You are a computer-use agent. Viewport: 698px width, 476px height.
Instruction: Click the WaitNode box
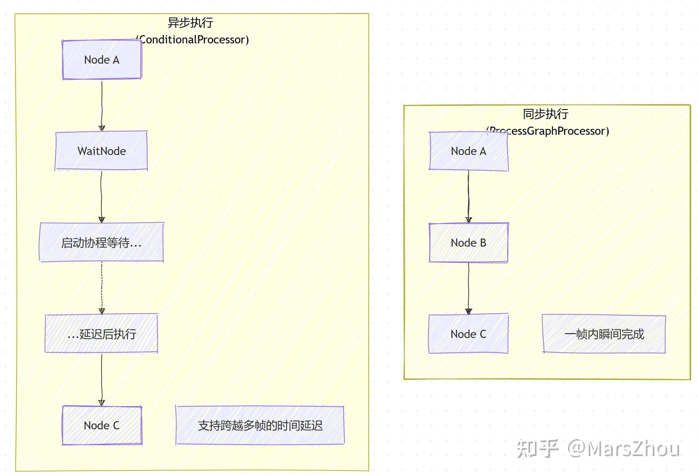point(101,151)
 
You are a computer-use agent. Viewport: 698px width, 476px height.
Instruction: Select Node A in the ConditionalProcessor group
point(102,60)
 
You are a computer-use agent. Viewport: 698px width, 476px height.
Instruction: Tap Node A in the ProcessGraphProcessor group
point(468,151)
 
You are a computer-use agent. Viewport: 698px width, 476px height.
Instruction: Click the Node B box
point(468,243)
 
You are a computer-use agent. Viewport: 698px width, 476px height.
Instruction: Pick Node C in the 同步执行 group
point(468,334)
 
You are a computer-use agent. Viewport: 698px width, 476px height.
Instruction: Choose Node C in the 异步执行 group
point(102,425)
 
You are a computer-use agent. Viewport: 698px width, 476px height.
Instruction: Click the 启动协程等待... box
point(101,243)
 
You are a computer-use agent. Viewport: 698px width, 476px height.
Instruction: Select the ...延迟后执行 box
point(101,334)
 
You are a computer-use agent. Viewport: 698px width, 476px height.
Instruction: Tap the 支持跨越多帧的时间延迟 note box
point(260,425)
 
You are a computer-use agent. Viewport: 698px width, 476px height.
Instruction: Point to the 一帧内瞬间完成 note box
point(604,334)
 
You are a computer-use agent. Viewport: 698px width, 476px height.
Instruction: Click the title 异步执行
point(190,23)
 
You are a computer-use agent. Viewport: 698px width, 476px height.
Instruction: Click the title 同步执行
point(545,114)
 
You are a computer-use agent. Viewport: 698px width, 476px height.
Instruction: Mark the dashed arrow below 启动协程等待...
point(102,287)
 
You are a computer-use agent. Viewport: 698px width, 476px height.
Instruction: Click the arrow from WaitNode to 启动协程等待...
point(101,196)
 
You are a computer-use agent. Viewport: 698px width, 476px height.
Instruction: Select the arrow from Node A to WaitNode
point(102,104)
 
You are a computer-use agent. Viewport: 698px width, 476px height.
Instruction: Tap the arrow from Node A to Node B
point(468,196)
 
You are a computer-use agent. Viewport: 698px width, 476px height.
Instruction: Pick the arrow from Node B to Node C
point(468,287)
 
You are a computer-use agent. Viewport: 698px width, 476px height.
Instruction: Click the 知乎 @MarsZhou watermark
point(598,449)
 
